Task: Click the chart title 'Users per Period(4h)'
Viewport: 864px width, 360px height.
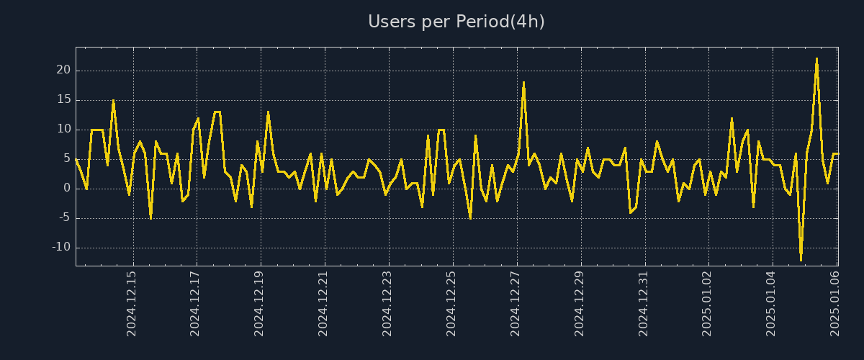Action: click(456, 22)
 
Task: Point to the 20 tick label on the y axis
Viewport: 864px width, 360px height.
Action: click(63, 71)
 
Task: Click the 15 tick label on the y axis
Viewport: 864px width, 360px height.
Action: click(63, 100)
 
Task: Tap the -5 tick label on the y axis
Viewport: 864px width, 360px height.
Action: click(63, 217)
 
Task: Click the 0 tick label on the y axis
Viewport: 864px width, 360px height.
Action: click(66, 189)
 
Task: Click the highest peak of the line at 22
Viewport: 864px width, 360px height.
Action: click(816, 59)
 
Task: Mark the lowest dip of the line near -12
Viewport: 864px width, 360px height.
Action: click(801, 259)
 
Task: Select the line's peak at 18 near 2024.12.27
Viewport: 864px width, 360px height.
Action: click(523, 82)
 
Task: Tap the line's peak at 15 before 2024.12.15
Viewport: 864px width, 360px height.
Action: click(113, 100)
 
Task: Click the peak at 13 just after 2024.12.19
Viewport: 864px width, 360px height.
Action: click(268, 112)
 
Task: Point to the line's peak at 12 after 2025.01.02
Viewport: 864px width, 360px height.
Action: click(732, 118)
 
